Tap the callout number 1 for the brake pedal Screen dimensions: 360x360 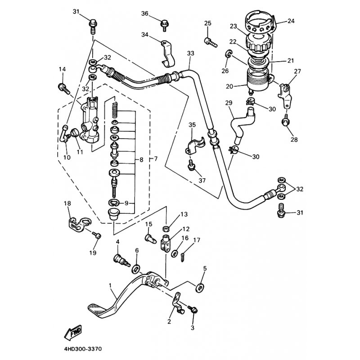click(x=110, y=285)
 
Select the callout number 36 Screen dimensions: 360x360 click(x=145, y=13)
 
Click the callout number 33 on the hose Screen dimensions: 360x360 click(x=190, y=53)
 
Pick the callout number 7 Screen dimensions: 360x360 click(x=156, y=159)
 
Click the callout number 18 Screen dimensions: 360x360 click(x=67, y=203)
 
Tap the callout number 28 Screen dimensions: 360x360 click(x=293, y=139)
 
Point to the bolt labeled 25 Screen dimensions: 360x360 click(x=210, y=42)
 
